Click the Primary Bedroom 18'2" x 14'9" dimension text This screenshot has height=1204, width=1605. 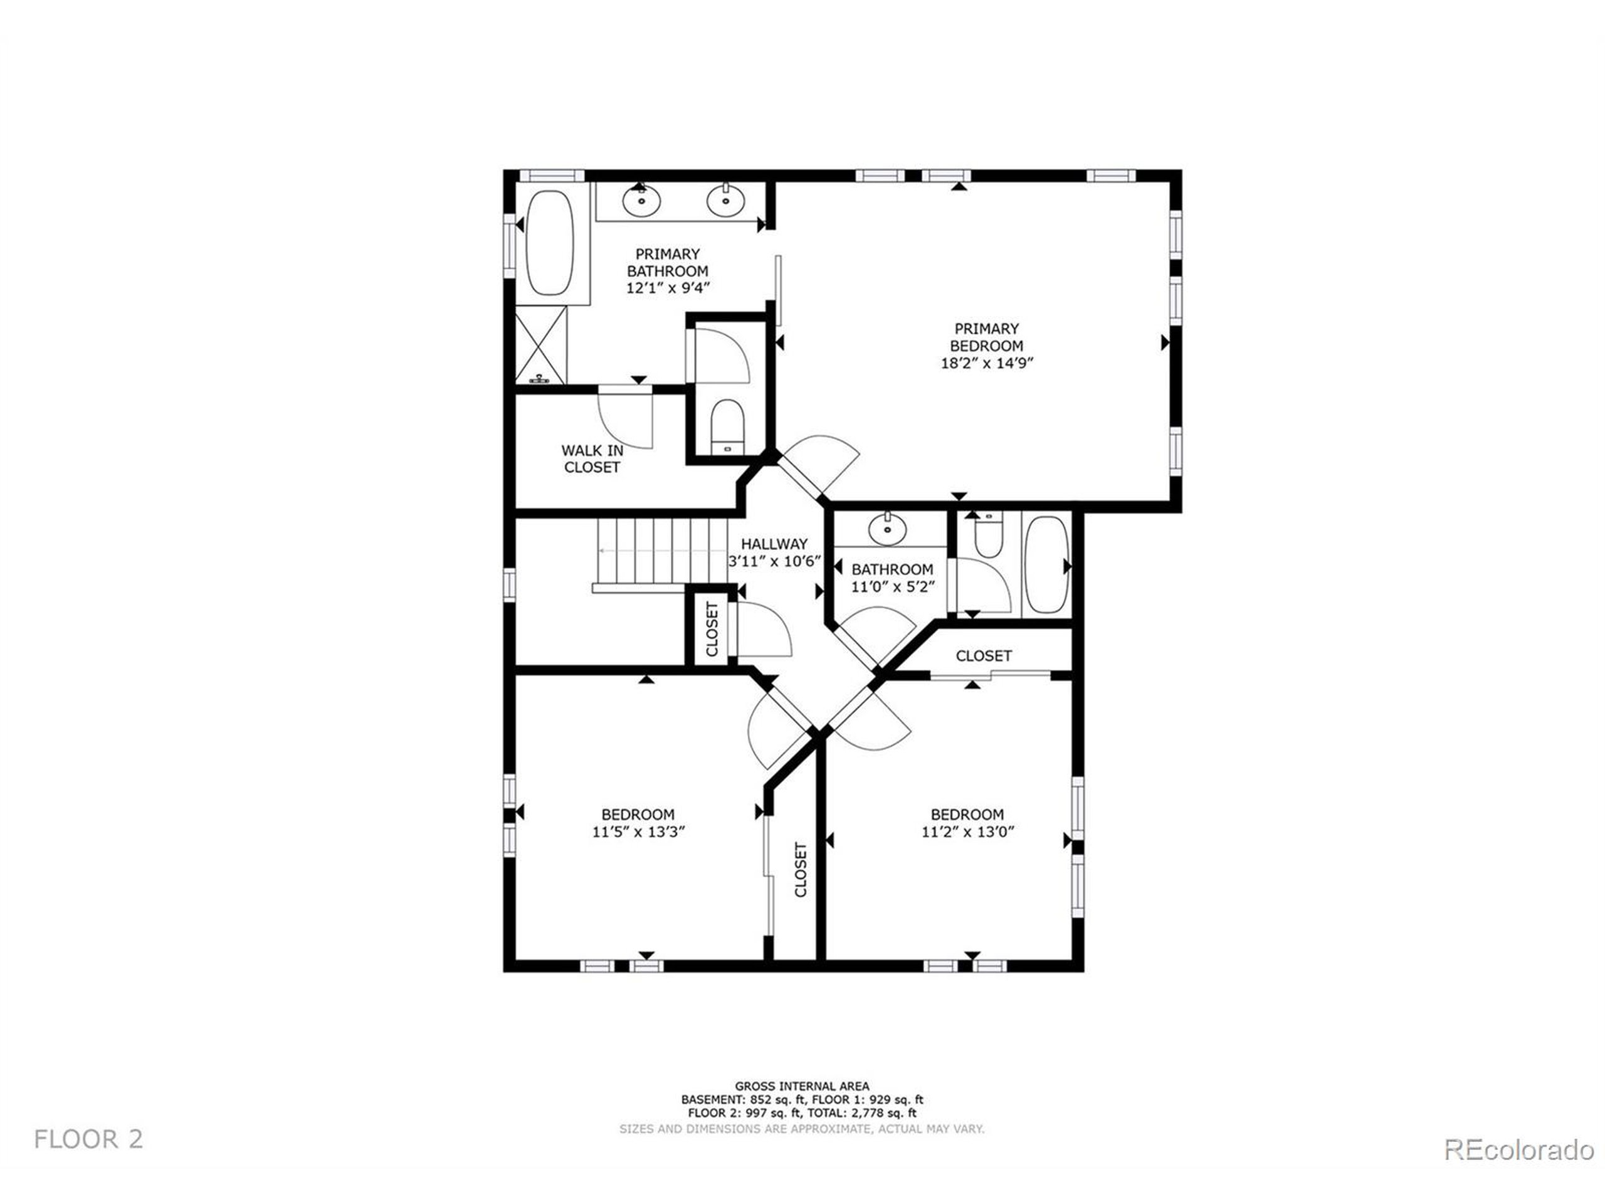click(987, 363)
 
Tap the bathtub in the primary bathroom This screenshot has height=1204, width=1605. click(549, 243)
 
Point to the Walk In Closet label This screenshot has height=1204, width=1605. click(592, 458)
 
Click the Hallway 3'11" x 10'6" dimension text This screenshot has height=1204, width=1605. click(774, 561)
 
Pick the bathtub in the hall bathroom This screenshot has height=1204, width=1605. click(1046, 564)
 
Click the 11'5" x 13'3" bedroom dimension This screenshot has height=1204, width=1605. click(638, 832)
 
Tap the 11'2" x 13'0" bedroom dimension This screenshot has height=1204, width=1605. click(967, 832)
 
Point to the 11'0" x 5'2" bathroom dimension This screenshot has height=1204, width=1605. click(893, 586)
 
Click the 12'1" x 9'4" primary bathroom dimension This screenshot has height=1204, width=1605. click(668, 288)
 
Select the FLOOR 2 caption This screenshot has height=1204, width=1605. click(88, 1139)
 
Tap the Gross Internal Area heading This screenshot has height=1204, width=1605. click(802, 1087)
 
